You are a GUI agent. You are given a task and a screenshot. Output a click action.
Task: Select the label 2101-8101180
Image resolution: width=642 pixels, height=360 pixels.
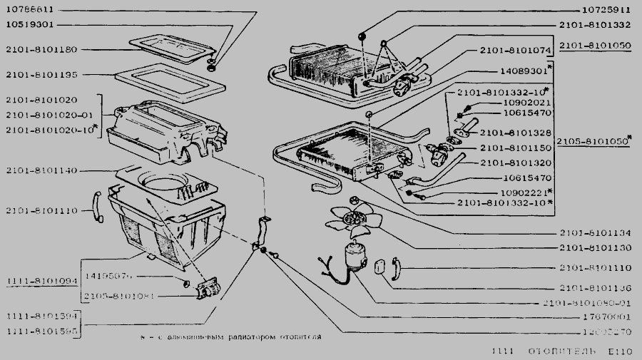pyautogui.click(x=46, y=49)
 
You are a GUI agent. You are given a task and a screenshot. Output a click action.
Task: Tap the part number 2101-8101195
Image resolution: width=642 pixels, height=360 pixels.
pyautogui.click(x=46, y=74)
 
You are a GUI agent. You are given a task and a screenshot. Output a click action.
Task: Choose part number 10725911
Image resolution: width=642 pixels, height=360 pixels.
pyautogui.click(x=601, y=11)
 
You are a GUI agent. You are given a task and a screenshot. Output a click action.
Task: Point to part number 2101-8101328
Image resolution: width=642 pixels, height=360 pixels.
pyautogui.click(x=516, y=133)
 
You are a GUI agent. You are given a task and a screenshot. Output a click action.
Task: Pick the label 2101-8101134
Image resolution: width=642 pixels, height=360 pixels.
pyautogui.click(x=596, y=233)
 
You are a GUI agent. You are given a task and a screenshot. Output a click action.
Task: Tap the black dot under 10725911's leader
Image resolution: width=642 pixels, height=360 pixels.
pyautogui.click(x=362, y=36)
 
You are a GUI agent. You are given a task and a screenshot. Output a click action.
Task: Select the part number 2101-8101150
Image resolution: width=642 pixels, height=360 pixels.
pyautogui.click(x=516, y=148)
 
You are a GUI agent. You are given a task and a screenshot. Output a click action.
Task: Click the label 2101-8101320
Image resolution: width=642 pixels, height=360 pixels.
pyautogui.click(x=516, y=163)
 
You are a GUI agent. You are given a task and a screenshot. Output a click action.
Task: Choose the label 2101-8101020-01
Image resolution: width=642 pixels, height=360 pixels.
pyautogui.click(x=49, y=115)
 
